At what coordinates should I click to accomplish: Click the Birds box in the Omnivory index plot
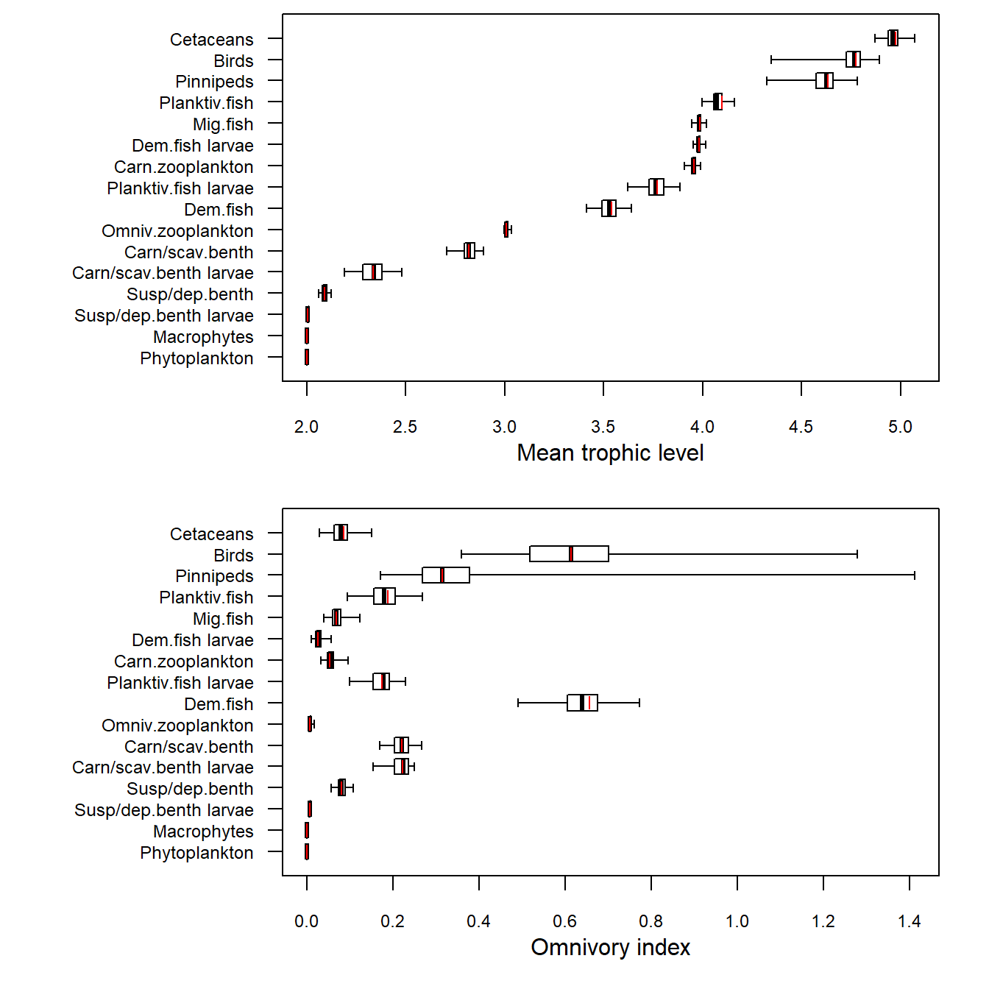pos(569,554)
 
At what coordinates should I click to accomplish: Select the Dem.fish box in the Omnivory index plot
pos(582,703)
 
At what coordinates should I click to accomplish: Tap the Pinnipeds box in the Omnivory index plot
pos(446,575)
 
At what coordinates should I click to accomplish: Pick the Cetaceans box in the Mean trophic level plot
pos(893,38)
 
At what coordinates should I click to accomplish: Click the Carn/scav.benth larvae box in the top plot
pos(372,272)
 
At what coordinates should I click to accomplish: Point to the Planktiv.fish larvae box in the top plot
pos(656,187)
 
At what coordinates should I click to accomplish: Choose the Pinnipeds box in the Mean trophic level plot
pos(824,80)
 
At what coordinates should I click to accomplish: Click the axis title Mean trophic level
pos(610,453)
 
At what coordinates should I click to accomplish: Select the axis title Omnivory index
pos(610,947)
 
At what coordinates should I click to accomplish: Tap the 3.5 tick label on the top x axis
pos(603,427)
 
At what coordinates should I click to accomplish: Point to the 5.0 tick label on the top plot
pos(900,427)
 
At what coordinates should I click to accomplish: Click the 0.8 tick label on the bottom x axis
pos(651,921)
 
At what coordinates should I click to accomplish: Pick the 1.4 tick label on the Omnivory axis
pos(910,921)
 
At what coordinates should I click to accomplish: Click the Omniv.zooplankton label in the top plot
pos(177,231)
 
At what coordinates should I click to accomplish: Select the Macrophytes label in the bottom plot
pos(203,832)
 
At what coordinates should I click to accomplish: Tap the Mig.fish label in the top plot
pos(223,124)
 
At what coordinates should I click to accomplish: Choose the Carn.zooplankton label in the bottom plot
pos(183,662)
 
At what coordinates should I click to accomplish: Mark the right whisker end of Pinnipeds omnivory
pos(915,575)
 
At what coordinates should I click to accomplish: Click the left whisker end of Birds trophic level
pos(771,60)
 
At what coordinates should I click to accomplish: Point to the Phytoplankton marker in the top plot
pos(307,358)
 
